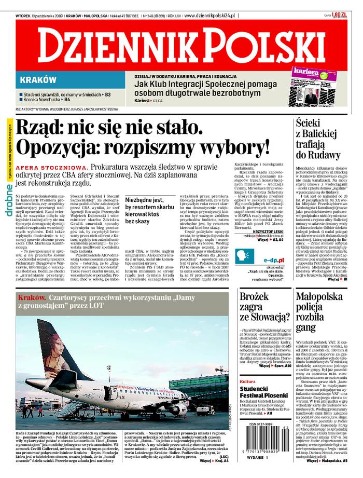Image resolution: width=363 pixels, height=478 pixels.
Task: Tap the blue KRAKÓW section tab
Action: point(38,80)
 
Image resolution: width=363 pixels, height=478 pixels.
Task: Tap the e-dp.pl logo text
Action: point(273,259)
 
